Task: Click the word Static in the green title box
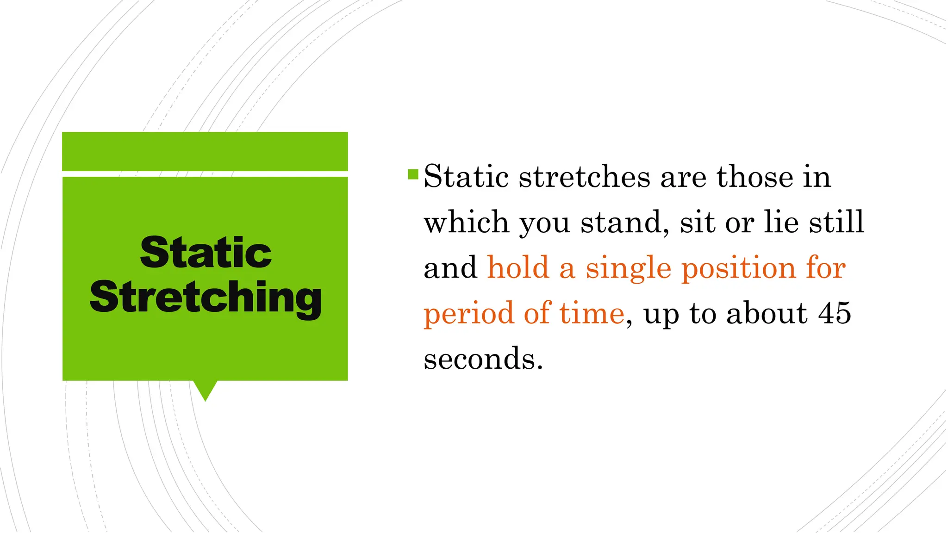click(x=206, y=253)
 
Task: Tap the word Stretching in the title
click(x=206, y=297)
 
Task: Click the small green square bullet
click(x=413, y=174)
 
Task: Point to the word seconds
click(x=483, y=359)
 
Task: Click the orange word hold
click(x=518, y=268)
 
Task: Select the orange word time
click(x=592, y=313)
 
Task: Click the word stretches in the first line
click(x=584, y=177)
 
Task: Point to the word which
click(x=466, y=222)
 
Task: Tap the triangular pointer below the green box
click(x=205, y=390)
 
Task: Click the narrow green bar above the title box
click(x=205, y=151)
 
